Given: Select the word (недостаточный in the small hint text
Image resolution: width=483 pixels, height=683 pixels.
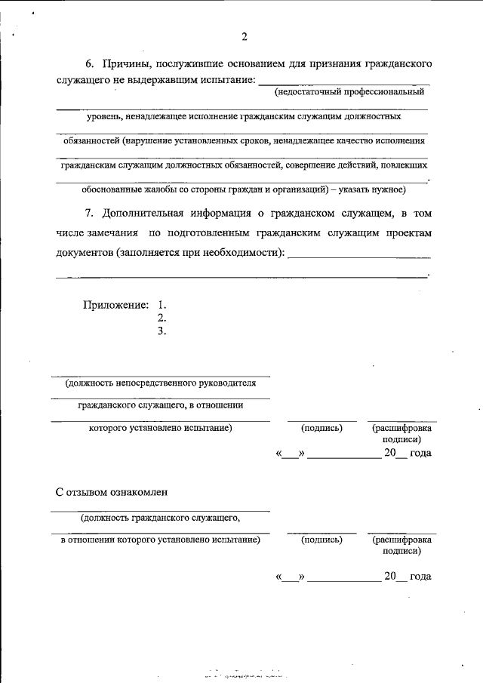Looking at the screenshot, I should coord(306,91).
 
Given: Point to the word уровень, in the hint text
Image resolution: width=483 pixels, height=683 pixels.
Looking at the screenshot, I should coord(102,117).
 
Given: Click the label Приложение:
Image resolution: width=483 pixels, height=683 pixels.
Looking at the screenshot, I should coord(115,305).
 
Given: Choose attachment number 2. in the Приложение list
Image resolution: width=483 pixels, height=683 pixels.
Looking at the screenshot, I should coord(161,317).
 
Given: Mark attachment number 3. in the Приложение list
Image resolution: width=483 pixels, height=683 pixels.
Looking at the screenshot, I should coord(161,330).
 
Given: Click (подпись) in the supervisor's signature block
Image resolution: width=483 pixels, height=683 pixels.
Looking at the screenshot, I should coord(321,428).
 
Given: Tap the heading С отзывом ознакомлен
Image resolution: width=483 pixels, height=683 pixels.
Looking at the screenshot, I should coord(112,491).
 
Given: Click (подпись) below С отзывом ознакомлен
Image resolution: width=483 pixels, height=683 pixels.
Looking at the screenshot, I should coord(321,540).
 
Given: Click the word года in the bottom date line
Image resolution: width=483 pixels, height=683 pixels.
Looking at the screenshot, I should coord(420,577).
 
